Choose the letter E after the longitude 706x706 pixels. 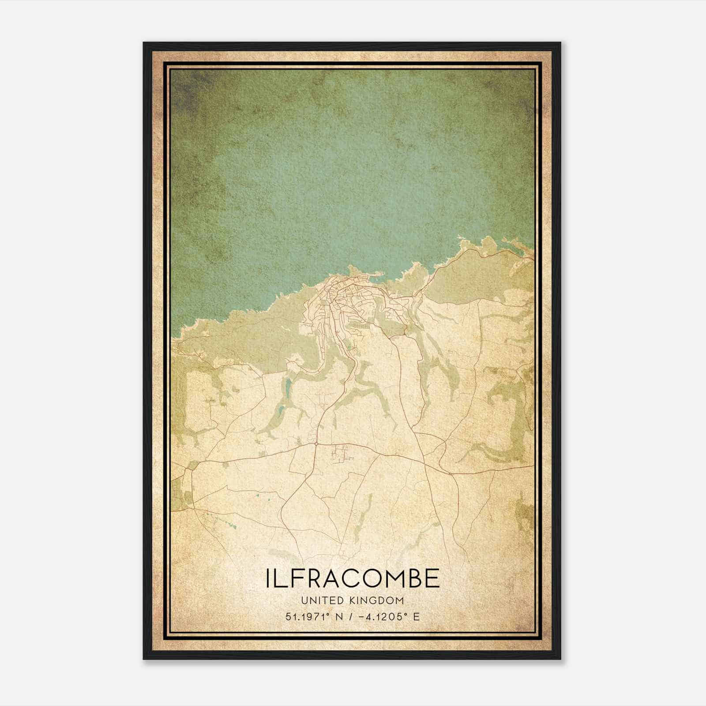416,616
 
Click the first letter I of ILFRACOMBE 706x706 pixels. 268,578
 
